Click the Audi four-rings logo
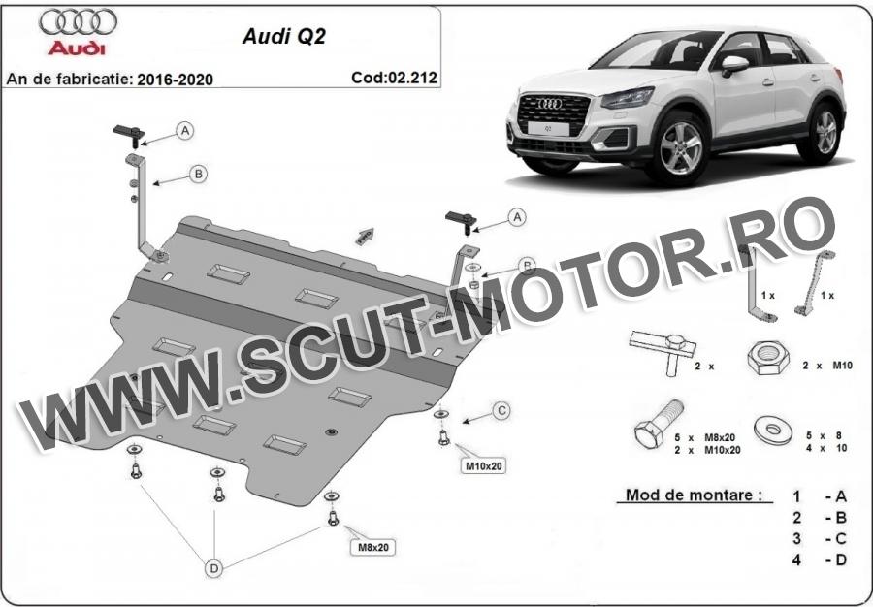[78, 21]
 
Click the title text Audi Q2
[284, 36]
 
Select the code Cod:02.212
[394, 78]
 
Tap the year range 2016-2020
[176, 80]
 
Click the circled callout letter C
[501, 411]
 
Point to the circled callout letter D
[213, 568]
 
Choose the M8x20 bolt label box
[373, 548]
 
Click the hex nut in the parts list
[768, 358]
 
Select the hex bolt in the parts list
[660, 423]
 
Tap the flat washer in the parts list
[773, 431]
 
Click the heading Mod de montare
[694, 495]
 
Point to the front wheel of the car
[680, 148]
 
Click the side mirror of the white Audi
[734, 65]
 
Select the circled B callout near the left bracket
[198, 175]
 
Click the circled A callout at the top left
[185, 130]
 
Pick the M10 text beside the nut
[842, 366]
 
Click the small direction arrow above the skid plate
[365, 236]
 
